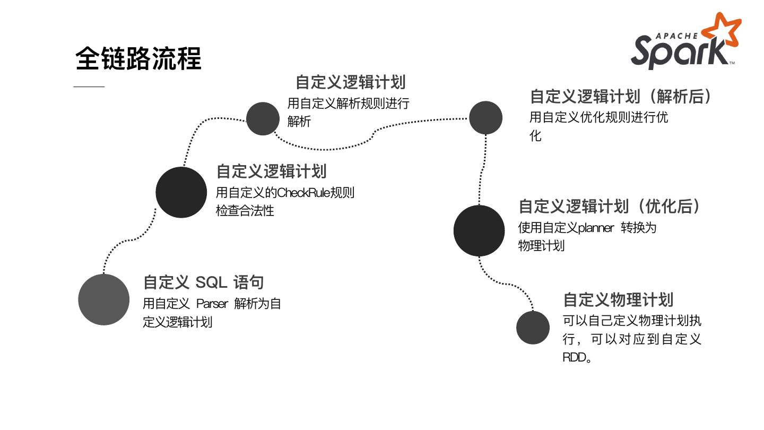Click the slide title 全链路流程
pyautogui.click(x=138, y=58)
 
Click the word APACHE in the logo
pyautogui.click(x=676, y=36)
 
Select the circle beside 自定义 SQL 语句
pyautogui.click(x=103, y=299)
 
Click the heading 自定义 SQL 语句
pyautogui.click(x=203, y=282)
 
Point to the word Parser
pyautogui.click(x=212, y=304)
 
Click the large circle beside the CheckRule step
pyautogui.click(x=181, y=192)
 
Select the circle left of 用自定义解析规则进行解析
pyautogui.click(x=263, y=118)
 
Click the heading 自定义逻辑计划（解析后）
pyautogui.click(x=621, y=97)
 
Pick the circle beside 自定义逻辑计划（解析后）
pyautogui.click(x=485, y=117)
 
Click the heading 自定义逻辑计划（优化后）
pyautogui.click(x=610, y=206)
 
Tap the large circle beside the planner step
pyautogui.click(x=479, y=230)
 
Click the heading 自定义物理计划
pyautogui.click(x=618, y=299)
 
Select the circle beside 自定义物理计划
pyautogui.click(x=533, y=328)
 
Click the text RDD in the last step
pyautogui.click(x=574, y=357)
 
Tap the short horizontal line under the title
pyautogui.click(x=89, y=87)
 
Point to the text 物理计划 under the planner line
pyautogui.click(x=541, y=246)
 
